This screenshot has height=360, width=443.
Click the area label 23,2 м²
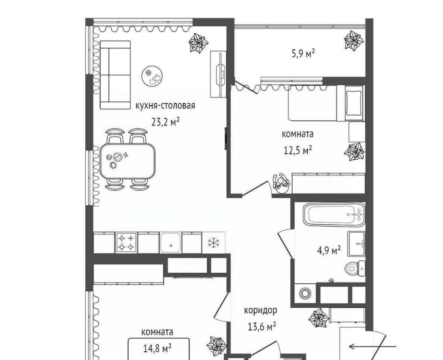point(166,122)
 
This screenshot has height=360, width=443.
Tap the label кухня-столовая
point(165,106)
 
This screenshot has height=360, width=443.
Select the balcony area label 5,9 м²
point(303,53)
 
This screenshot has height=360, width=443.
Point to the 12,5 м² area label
point(298,150)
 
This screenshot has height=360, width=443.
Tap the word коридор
point(260,310)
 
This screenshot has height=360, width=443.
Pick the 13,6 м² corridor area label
point(262,327)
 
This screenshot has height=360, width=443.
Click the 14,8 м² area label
point(158,348)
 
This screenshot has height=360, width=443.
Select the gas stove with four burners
point(126,243)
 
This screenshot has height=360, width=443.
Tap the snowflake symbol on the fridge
point(213,243)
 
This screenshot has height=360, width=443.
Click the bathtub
point(334,214)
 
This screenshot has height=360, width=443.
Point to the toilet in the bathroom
point(355,268)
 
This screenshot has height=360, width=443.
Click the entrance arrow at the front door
point(373,346)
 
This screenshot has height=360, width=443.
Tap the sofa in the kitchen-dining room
point(115,75)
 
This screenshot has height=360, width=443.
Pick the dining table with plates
point(128,161)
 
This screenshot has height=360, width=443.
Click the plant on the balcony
point(353,41)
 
